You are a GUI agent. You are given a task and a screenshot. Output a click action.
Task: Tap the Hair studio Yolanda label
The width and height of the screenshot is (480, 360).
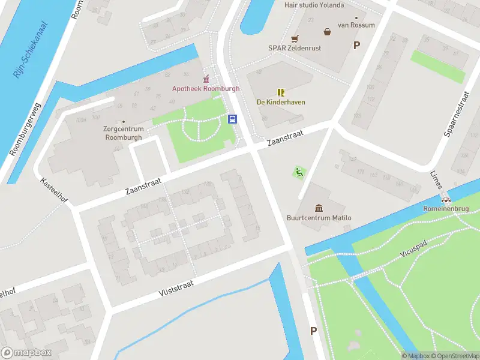pos(314,5)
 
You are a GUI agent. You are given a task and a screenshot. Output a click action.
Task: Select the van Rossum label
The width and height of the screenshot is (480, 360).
pos(356,25)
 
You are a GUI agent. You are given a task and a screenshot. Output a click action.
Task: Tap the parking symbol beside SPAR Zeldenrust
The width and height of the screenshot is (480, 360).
pos(356,45)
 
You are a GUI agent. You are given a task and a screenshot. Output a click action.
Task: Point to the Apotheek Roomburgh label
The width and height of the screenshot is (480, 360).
pos(206,89)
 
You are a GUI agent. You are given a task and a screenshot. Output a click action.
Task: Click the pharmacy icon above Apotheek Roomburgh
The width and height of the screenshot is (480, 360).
pos(206,79)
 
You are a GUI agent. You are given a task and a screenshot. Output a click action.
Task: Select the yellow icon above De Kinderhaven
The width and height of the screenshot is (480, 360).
pos(280,92)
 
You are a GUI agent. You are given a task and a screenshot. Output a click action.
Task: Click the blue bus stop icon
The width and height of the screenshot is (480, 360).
pos(232,119)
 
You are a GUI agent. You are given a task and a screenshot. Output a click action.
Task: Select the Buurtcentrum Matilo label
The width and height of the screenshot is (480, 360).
pos(319,218)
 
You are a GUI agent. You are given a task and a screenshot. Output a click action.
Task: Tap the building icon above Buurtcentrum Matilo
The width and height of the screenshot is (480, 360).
pos(319,208)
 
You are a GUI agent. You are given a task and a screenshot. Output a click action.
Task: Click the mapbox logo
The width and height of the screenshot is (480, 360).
pos(26,353)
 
